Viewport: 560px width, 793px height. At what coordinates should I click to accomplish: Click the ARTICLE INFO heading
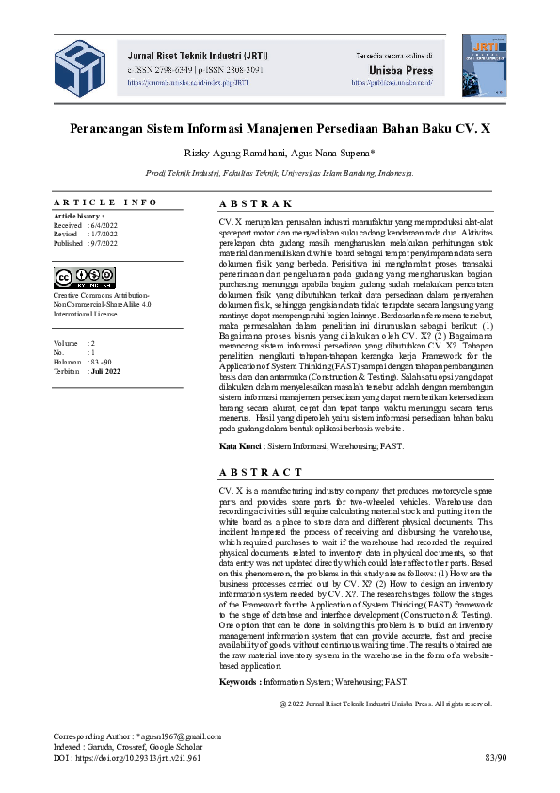[x=105, y=202]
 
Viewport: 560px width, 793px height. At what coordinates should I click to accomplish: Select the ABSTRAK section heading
[x=256, y=203]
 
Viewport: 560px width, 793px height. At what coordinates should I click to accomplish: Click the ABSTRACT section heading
[x=261, y=472]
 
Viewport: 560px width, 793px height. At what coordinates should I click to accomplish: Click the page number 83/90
[x=495, y=756]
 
